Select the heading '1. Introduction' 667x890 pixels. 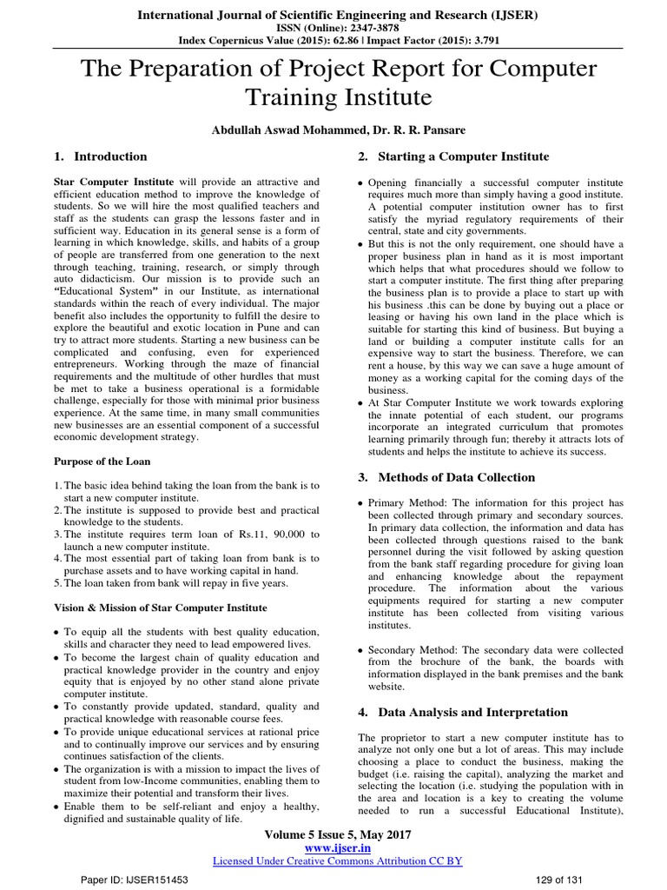point(100,156)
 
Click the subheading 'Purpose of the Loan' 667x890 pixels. point(102,461)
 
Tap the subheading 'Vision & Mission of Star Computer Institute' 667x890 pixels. point(161,608)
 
